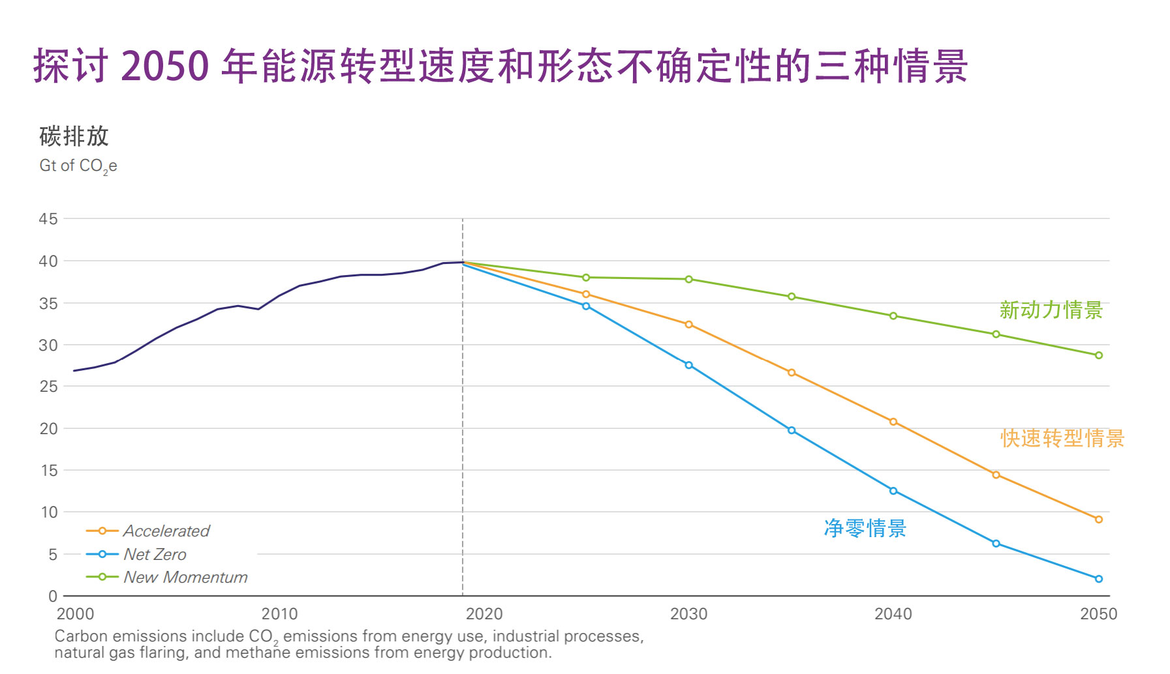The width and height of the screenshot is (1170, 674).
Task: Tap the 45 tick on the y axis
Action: coord(48,219)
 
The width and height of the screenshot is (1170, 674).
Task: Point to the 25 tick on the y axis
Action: coord(48,387)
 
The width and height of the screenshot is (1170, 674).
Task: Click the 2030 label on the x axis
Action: coord(688,614)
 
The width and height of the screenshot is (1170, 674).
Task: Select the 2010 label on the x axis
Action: coord(279,614)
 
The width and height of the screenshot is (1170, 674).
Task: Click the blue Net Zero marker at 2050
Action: coord(1098,579)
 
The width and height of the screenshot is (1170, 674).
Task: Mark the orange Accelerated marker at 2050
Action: coord(1098,520)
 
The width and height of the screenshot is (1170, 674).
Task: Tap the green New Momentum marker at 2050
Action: coord(1098,355)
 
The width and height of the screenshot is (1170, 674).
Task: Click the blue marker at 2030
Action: coord(688,365)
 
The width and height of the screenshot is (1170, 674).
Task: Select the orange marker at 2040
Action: coord(893,422)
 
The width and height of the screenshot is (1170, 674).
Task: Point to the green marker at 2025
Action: coord(586,278)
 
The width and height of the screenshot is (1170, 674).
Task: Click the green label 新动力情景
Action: coord(1051,310)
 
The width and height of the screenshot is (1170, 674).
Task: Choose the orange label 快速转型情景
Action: coord(1062,438)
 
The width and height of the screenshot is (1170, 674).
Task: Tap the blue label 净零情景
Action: coord(865,528)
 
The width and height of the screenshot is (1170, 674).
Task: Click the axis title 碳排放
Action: coord(74,136)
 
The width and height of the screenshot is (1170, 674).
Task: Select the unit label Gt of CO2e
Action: coord(78,166)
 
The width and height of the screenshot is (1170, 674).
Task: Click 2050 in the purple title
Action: coord(164,66)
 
